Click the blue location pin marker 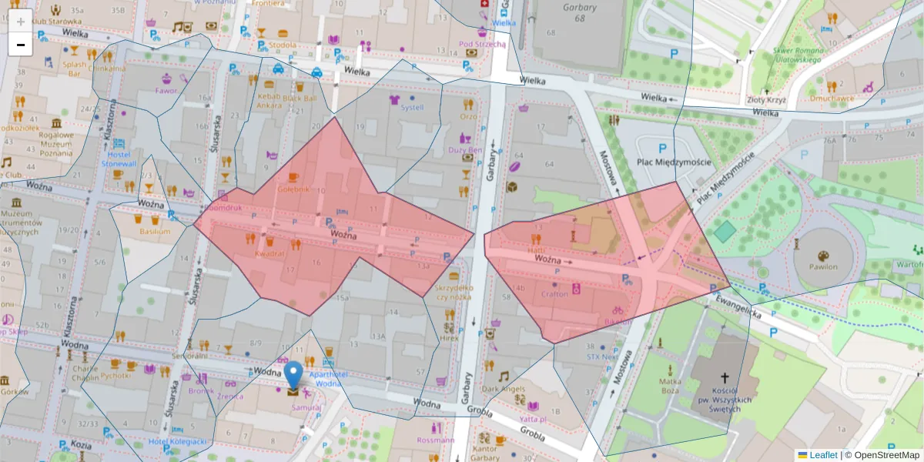point(293,375)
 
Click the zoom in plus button point(21,21)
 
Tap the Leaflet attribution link point(823,455)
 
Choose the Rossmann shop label point(434,440)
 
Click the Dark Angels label point(504,389)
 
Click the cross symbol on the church point(724,378)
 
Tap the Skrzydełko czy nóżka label point(454,292)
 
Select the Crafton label point(554,293)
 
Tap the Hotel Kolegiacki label point(178,441)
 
